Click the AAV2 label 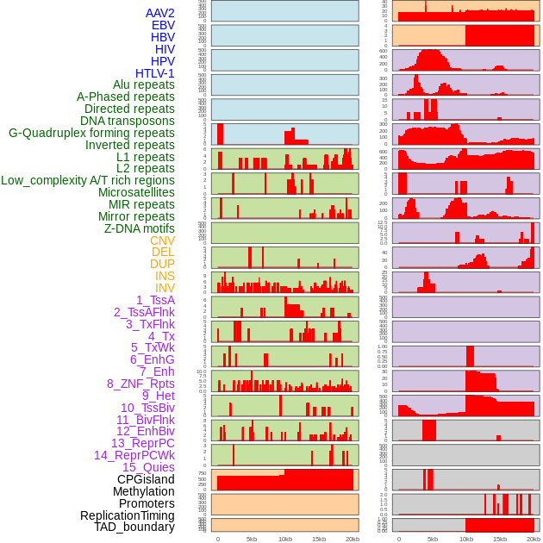pyautogui.click(x=159, y=13)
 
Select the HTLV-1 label pyautogui.click(x=154, y=73)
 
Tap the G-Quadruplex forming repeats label pyautogui.click(x=91, y=133)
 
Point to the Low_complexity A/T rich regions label pyautogui.click(x=88, y=180)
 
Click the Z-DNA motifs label pyautogui.click(x=140, y=228)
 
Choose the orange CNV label pyautogui.click(x=162, y=240)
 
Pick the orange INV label pyautogui.click(x=165, y=288)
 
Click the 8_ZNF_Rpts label pyautogui.click(x=140, y=384)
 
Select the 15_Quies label pyautogui.click(x=148, y=467)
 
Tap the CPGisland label pyautogui.click(x=146, y=479)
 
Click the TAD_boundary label pyautogui.click(x=134, y=527)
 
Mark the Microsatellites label pyautogui.click(x=136, y=192)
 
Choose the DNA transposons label pyautogui.click(x=128, y=121)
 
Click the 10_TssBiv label pyautogui.click(x=147, y=408)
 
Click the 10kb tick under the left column pyautogui.click(x=285, y=539)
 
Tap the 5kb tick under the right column pyautogui.click(x=432, y=539)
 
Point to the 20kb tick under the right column pyautogui.click(x=534, y=539)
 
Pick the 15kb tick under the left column pyautogui.click(x=319, y=539)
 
